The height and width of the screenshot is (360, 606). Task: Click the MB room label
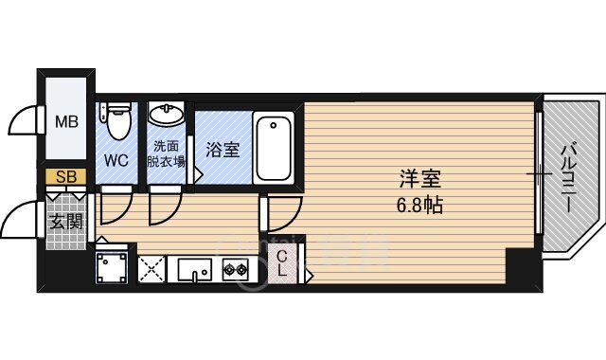66,120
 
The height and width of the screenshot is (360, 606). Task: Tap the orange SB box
66,175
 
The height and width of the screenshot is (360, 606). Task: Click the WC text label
116,159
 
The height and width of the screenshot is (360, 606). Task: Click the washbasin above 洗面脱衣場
168,116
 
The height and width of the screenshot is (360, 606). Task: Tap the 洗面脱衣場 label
169,154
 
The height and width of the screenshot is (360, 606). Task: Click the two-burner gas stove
234,270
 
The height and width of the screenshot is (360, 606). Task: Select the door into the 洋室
281,213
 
